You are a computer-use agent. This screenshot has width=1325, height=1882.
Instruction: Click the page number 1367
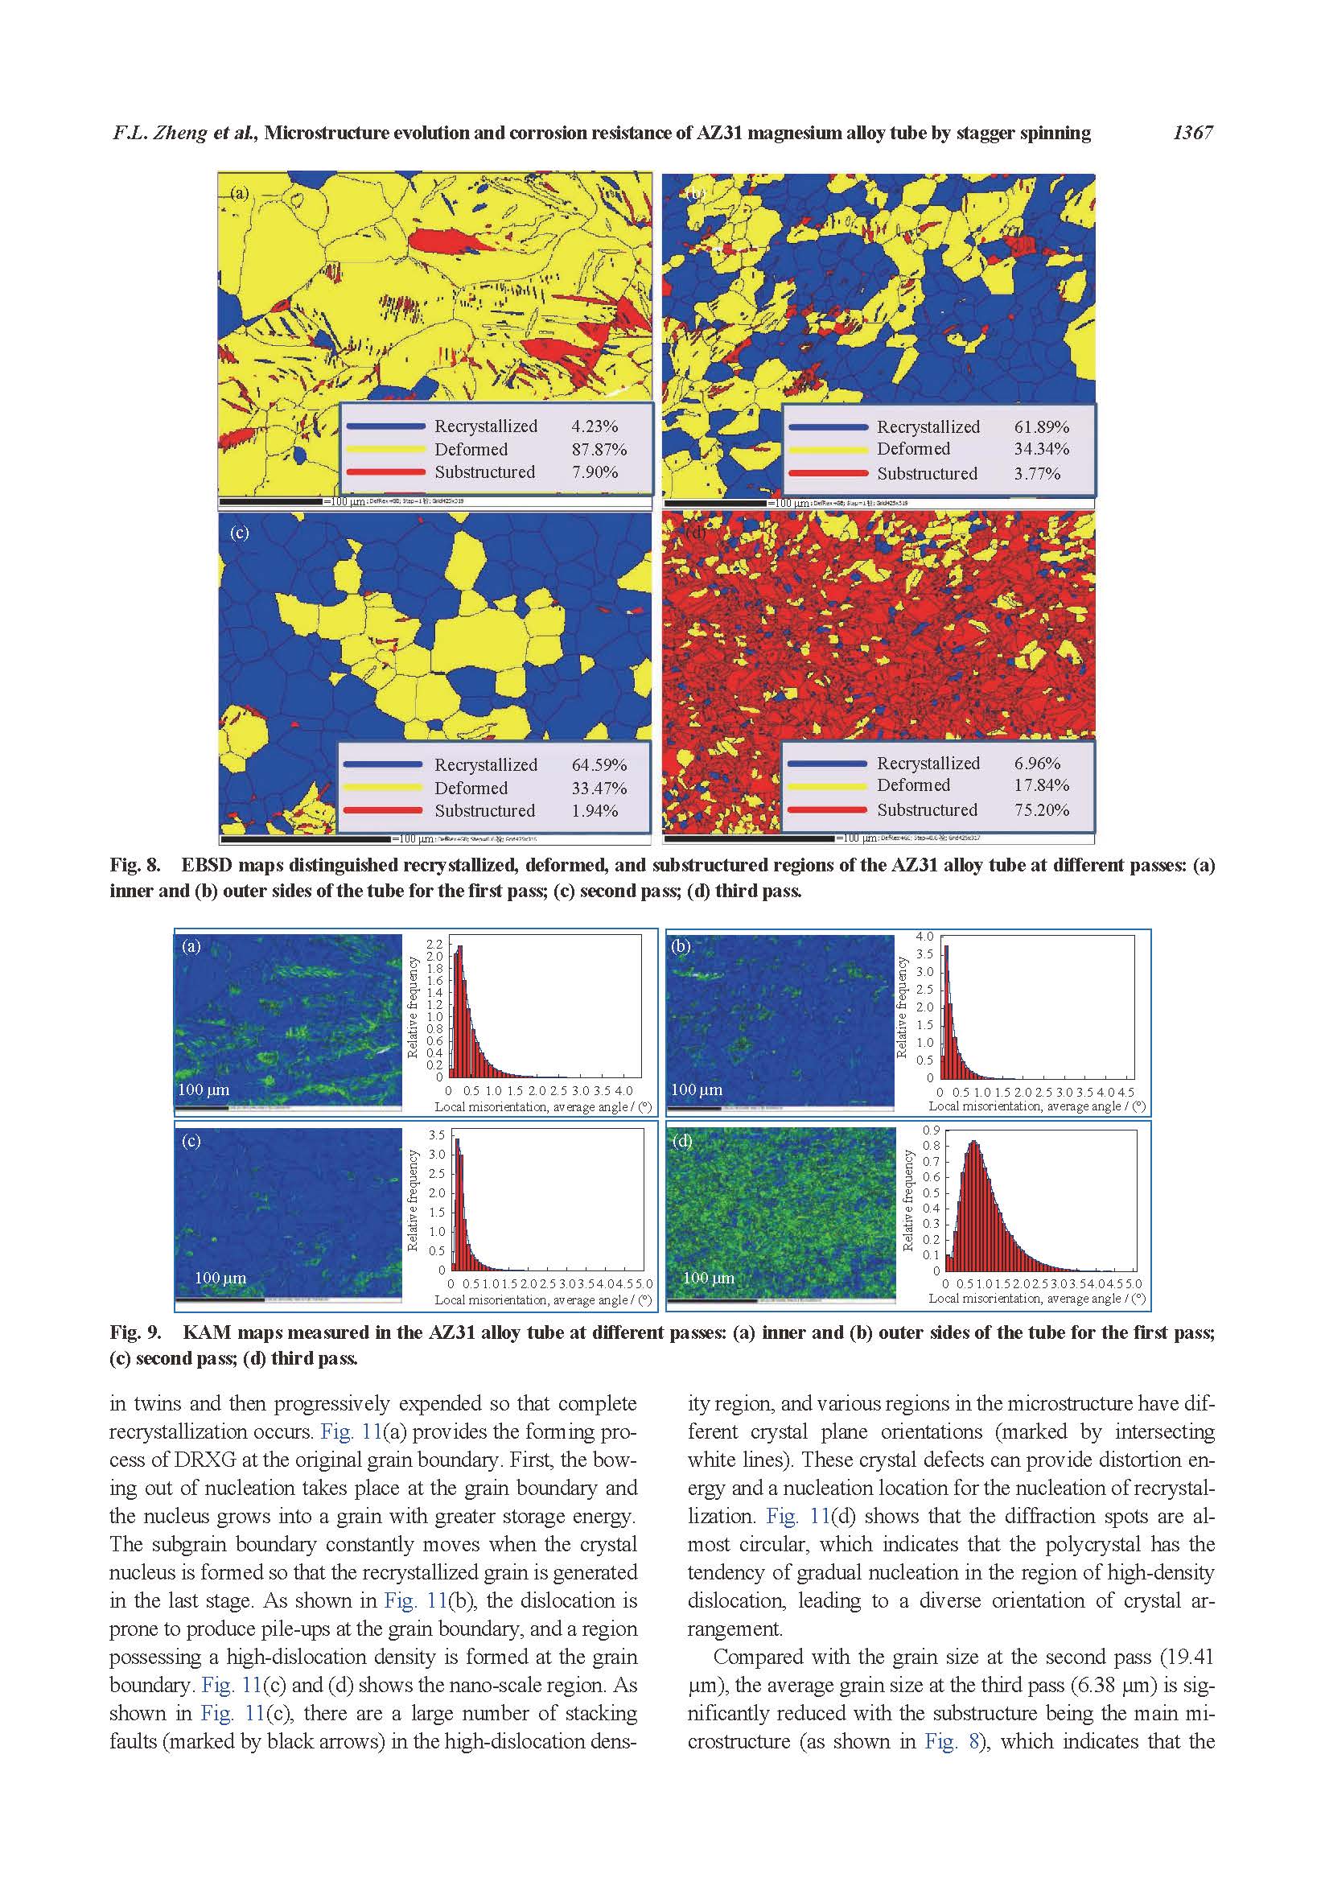coord(1192,133)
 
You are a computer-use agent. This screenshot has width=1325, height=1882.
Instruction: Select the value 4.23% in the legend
coord(594,426)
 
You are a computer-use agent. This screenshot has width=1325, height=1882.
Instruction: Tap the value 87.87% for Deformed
coord(599,449)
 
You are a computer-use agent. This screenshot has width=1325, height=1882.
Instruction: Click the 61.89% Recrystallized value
coord(1042,426)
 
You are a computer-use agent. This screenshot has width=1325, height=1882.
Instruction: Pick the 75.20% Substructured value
coord(1042,810)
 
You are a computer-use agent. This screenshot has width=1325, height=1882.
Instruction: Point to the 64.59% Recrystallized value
coord(599,764)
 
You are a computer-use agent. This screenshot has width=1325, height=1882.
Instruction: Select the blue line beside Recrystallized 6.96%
coord(827,763)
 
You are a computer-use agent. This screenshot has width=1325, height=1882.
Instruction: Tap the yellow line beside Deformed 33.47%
coord(384,788)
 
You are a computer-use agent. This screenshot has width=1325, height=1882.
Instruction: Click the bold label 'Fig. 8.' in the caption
coord(135,865)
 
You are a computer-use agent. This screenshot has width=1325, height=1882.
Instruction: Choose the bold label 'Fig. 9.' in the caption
coord(135,1332)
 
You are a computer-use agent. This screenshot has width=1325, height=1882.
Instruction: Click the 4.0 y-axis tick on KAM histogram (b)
coord(924,936)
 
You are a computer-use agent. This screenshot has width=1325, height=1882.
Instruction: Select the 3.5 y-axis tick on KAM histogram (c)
coord(437,1135)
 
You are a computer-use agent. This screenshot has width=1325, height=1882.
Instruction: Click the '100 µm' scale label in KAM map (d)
coord(708,1278)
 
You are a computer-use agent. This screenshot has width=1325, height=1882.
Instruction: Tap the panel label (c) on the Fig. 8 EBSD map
coord(239,533)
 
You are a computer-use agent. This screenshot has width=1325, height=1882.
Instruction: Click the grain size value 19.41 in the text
coord(1188,1657)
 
